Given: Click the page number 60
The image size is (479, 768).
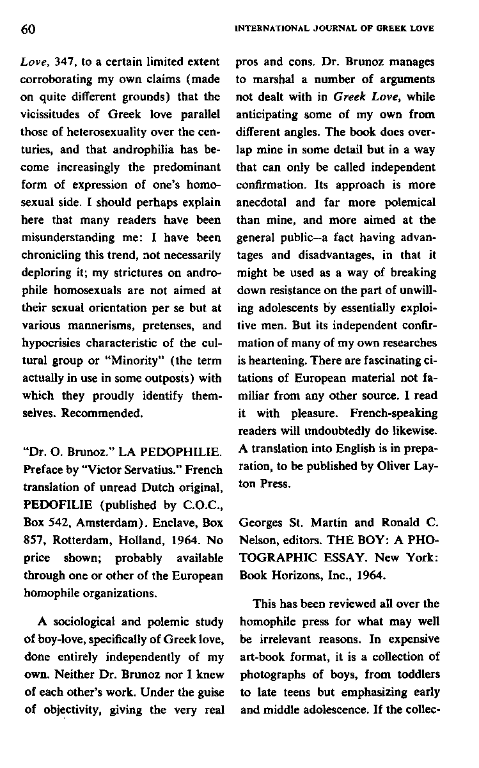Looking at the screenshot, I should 26,29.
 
